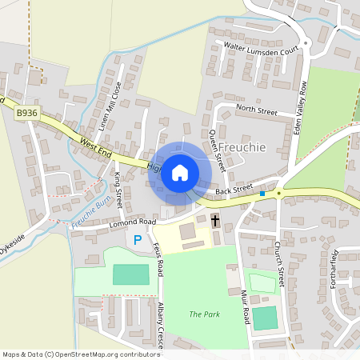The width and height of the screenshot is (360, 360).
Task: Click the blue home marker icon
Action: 180,172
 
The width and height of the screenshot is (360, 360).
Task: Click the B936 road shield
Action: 26,114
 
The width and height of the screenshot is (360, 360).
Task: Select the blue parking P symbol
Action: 138,239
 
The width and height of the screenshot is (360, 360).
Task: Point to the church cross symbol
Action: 214,220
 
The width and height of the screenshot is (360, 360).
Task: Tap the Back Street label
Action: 234,191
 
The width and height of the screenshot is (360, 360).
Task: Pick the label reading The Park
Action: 204,314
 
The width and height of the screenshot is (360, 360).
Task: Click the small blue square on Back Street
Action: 262,194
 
